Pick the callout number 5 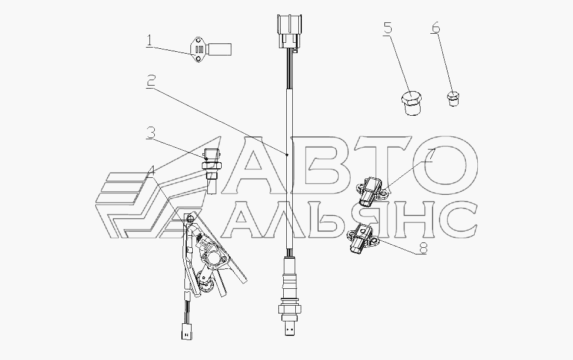(387, 28)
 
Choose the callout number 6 (436, 28)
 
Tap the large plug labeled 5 (410, 104)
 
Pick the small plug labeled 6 (454, 98)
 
